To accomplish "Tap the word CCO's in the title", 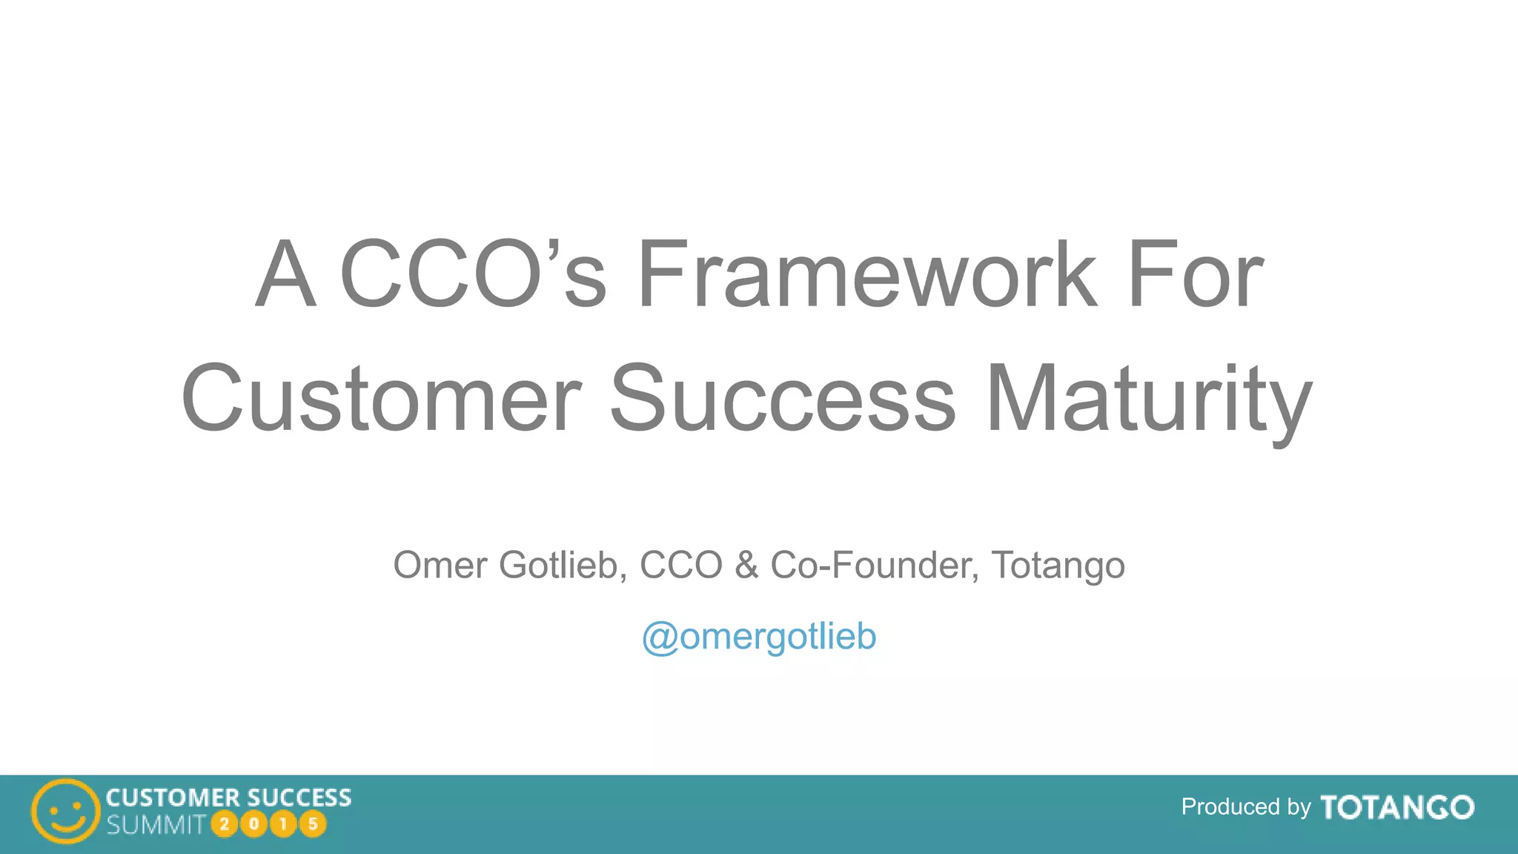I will (473, 275).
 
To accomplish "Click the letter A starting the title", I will (286, 275).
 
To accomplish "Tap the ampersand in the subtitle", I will (746, 565).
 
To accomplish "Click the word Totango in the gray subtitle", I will (1058, 565).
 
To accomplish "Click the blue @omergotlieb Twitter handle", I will (759, 637).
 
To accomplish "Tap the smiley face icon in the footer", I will (66, 812).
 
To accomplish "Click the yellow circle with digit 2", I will (225, 824).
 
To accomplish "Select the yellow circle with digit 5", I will (313, 824).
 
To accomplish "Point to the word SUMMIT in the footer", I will (156, 824).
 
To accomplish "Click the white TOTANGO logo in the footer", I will (1397, 807).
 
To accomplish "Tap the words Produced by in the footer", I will (1245, 807).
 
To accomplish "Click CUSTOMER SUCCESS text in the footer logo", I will (228, 798).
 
